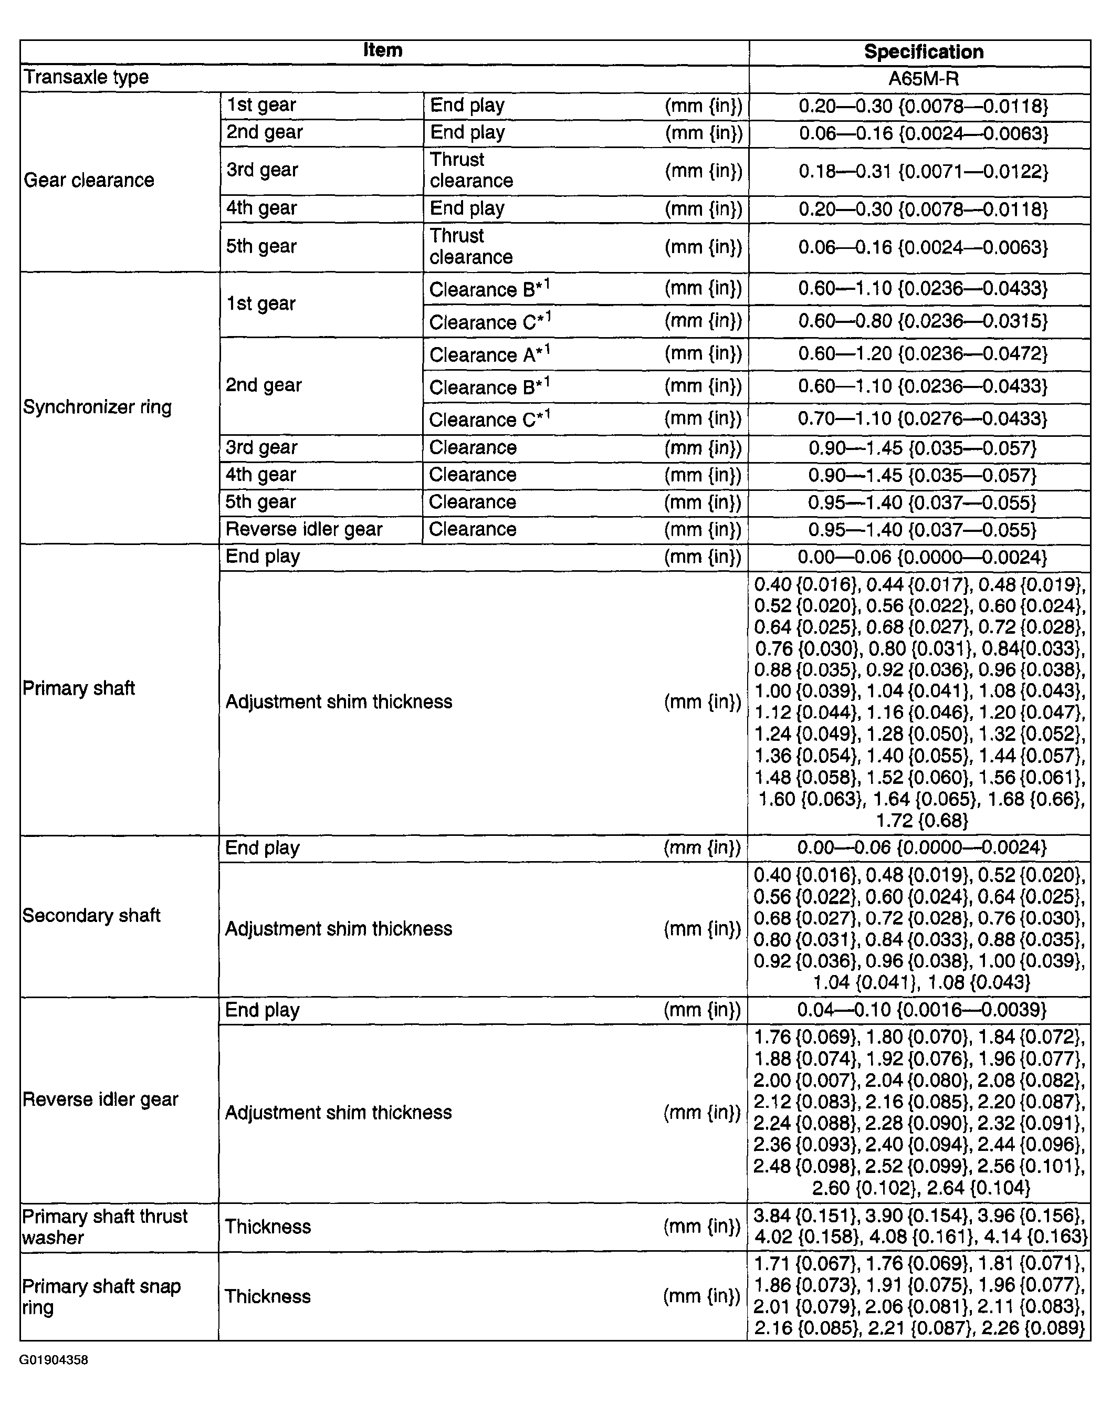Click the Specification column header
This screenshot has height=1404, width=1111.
tap(923, 52)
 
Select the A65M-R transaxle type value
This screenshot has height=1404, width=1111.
tap(923, 79)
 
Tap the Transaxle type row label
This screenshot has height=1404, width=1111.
tap(86, 77)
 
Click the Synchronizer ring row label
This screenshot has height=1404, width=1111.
tap(97, 407)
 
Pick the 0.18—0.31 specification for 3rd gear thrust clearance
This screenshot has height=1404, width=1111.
tap(923, 171)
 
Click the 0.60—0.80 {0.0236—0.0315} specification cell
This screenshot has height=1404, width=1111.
tap(923, 321)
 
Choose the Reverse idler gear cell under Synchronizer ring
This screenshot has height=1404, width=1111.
tap(304, 529)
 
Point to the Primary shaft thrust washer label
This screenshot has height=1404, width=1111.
tap(104, 1227)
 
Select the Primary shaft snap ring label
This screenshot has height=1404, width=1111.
tap(101, 1296)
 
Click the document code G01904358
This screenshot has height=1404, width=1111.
tap(54, 1360)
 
